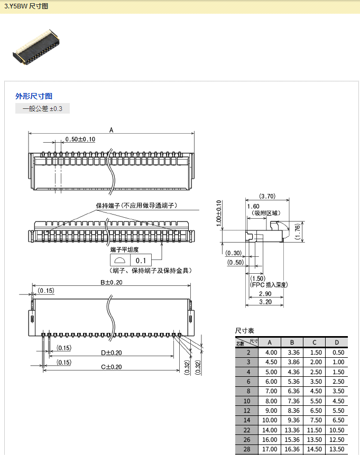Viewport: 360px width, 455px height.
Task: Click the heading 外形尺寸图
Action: pos(34,96)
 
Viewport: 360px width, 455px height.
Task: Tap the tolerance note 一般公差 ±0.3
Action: pos(42,109)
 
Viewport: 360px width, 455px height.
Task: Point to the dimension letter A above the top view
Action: pos(112,129)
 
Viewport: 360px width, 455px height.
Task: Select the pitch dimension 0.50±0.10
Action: pos(80,140)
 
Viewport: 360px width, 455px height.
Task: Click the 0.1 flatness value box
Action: pos(141,261)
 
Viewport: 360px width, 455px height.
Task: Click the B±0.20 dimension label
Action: pos(112,282)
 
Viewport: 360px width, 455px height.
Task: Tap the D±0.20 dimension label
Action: pos(112,352)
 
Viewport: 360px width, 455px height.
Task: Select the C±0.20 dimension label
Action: pos(112,367)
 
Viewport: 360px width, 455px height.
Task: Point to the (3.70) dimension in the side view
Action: pos(267,197)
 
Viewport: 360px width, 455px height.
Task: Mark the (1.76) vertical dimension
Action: pos(298,231)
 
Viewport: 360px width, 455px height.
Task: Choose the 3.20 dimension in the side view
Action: pos(265,302)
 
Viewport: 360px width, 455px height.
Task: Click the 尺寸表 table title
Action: pos(245,330)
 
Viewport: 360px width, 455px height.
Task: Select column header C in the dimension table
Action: pos(314,342)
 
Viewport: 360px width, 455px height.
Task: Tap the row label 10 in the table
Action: pos(248,401)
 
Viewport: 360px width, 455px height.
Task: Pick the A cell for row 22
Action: pos(271,430)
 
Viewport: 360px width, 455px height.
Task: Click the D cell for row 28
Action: pos(336,450)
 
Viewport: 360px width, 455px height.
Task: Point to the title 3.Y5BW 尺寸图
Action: pos(26,6)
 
